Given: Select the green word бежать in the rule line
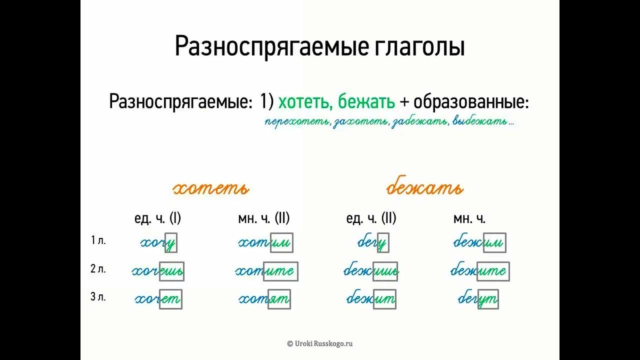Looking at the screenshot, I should pos(366,102).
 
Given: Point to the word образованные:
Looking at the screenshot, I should pos(471,102).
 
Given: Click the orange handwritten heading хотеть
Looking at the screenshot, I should pos(210,188).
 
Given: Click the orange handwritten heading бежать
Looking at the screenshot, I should pos(424,188).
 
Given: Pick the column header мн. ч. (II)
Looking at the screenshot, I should pos(263,218).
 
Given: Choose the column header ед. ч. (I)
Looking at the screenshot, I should pos(157,218).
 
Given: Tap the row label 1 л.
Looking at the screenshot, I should pos(98,240).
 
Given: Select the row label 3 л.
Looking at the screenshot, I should pos(98,297).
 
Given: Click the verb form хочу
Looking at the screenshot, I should pos(158,243).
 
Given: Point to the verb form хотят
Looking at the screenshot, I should pos(264,299).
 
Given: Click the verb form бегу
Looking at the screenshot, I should pos(372,243).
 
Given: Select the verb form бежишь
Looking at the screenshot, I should pos(370,271).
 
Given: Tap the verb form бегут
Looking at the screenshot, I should pos(477,299).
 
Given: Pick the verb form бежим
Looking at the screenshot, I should pos(479,243).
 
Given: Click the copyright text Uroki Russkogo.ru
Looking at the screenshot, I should pos(320,343).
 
